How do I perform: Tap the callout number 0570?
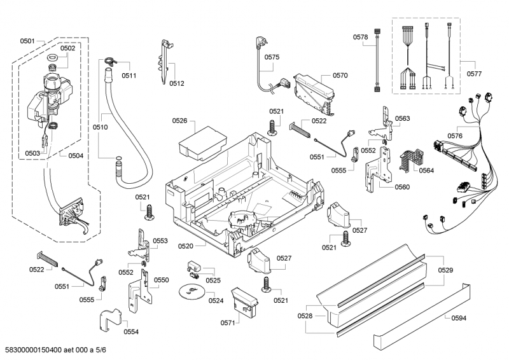(340, 75)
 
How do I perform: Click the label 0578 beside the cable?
(361, 38)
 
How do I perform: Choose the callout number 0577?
(473, 73)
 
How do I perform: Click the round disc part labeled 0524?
(189, 291)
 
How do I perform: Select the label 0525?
(213, 280)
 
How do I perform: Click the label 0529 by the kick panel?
(446, 270)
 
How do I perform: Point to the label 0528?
(305, 315)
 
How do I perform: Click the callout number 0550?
(162, 280)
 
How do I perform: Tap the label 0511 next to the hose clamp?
(129, 75)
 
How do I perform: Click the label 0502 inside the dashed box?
(67, 48)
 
